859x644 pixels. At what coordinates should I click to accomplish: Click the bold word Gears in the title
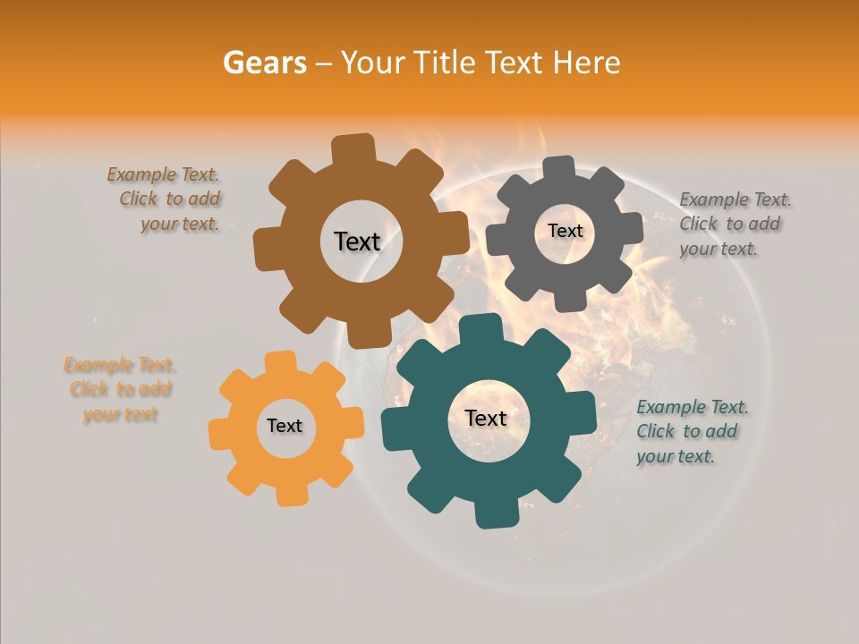click(x=264, y=63)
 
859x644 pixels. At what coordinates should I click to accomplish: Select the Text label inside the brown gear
click(x=357, y=241)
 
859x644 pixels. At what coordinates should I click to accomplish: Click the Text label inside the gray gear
click(x=565, y=231)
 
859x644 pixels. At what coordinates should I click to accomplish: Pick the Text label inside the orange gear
click(x=285, y=427)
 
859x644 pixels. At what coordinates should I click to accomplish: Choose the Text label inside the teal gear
click(x=486, y=418)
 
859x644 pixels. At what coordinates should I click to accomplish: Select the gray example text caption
click(x=733, y=225)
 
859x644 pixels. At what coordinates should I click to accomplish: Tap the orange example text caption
click(x=120, y=390)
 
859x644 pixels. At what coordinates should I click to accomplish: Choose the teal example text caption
click(x=691, y=432)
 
